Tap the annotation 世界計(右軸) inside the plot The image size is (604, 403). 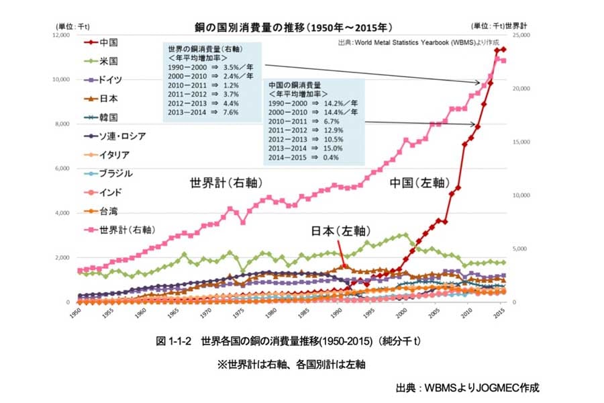coord(225,183)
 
